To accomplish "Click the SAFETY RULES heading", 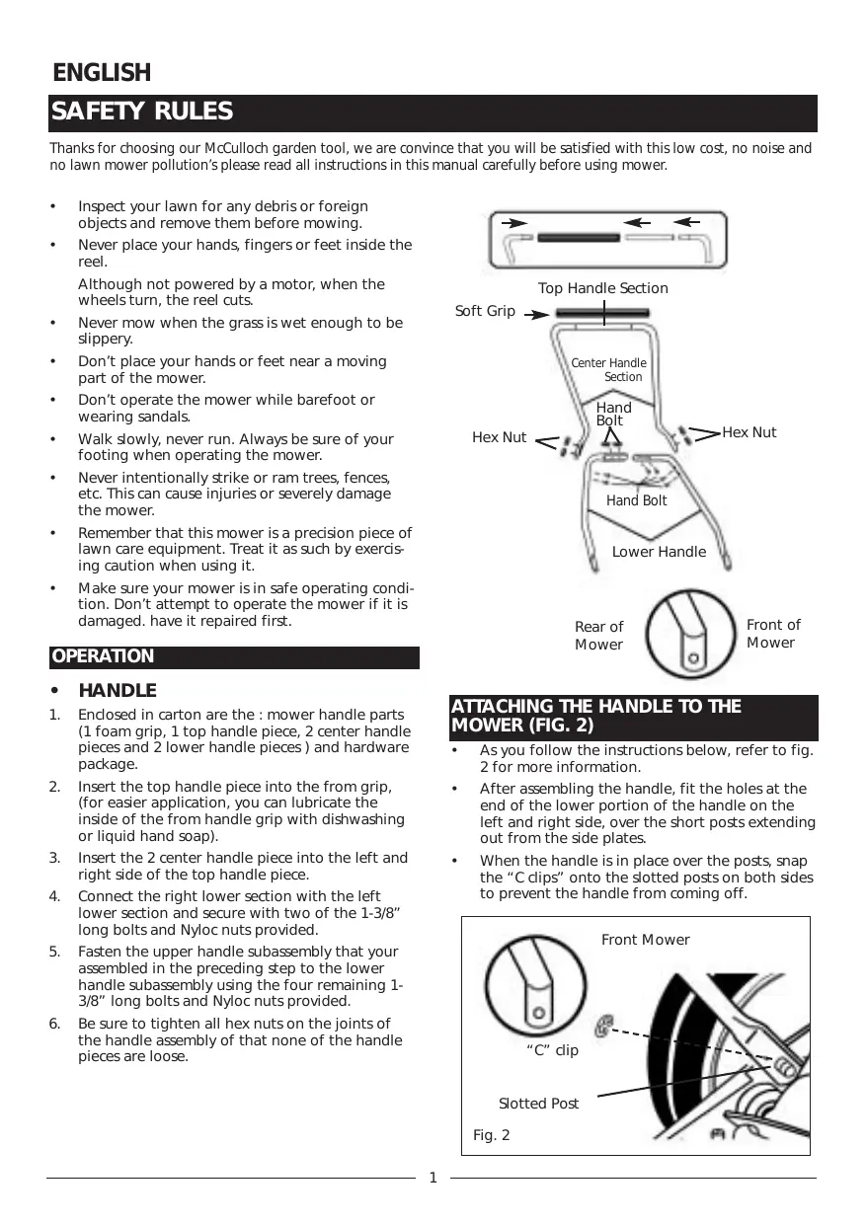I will click(142, 113).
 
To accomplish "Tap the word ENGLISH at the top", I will click(102, 73).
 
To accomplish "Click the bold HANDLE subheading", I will click(117, 690).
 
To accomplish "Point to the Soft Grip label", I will click(485, 311).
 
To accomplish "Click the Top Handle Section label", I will click(602, 288).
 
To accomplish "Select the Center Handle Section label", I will click(608, 370).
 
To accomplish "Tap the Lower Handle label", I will click(659, 552).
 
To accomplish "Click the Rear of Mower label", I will click(599, 636).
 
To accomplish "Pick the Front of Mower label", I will click(773, 634).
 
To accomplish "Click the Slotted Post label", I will click(538, 1104).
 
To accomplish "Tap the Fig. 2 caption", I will click(492, 1136).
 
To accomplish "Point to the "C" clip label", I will click(553, 1050).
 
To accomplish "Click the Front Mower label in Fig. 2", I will click(646, 940).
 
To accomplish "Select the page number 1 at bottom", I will click(433, 1178).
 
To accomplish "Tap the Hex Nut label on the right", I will click(749, 432).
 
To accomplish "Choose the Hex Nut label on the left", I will click(500, 437).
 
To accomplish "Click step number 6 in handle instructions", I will click(55, 1023).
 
